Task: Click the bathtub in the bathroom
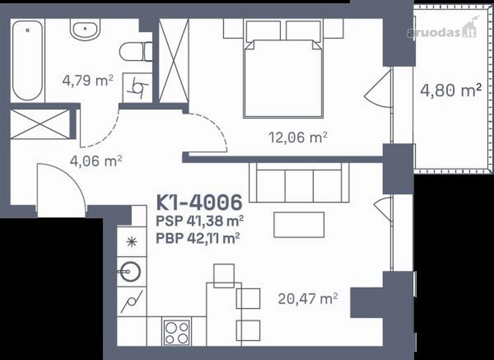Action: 28,61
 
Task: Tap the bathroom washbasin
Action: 85,29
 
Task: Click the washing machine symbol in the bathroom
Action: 137,88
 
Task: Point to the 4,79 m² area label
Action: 88,80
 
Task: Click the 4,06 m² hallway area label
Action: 96,161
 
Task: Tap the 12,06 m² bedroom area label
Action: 298,137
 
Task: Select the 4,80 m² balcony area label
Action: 450,90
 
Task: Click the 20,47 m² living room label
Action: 308,299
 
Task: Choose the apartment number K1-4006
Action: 199,202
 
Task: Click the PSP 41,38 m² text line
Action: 200,221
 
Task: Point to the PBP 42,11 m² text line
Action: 198,238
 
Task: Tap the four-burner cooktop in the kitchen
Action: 177,333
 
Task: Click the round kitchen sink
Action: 130,271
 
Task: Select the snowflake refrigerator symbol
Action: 132,242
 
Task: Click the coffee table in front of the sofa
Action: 299,225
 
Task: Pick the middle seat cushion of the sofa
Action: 299,186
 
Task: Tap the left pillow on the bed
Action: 263,30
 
